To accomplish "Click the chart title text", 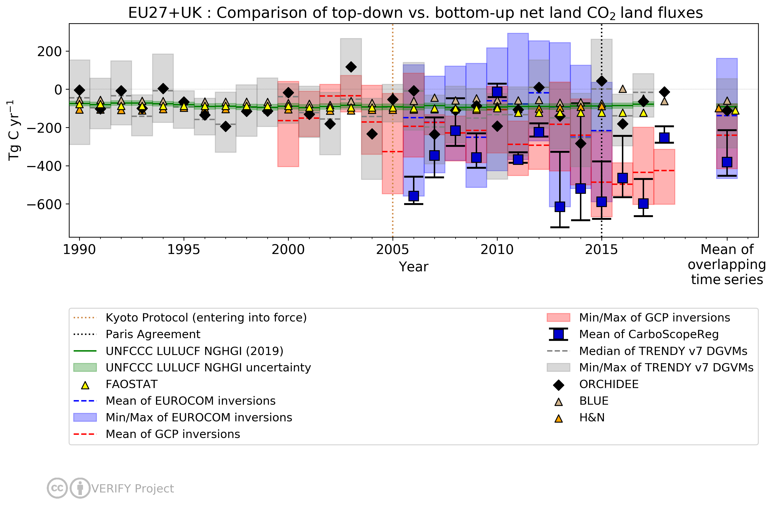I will pyautogui.click(x=415, y=13).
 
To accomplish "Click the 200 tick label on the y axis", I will pyautogui.click(x=49, y=52).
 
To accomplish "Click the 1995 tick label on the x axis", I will pyautogui.click(x=184, y=250).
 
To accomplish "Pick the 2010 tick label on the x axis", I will pyautogui.click(x=497, y=250).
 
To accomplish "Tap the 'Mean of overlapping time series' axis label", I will pyautogui.click(x=727, y=264).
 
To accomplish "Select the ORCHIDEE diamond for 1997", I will pyautogui.click(x=226, y=127).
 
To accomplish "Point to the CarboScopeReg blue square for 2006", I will pyautogui.click(x=413, y=196).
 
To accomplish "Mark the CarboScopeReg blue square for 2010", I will pyautogui.click(x=497, y=92).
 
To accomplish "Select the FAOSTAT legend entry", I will pyautogui.click(x=131, y=384).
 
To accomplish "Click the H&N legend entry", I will pyautogui.click(x=592, y=418).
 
